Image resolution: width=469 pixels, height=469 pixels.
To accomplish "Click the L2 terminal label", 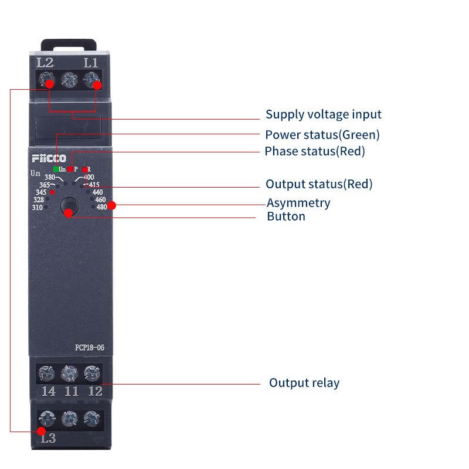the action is tap(45, 63).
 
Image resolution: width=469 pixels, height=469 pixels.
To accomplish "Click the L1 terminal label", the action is tap(91, 63).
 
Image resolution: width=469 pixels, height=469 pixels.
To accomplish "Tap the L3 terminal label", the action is tap(49, 438).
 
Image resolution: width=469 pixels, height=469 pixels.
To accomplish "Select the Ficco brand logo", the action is tap(49, 158).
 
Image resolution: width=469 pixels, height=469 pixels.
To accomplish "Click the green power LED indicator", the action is tap(56, 169).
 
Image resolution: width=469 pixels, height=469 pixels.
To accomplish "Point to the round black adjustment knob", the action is tap(70, 206).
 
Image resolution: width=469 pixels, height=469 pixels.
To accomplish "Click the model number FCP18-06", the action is tap(90, 348).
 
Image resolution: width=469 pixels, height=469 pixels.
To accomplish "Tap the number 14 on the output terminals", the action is tap(49, 391).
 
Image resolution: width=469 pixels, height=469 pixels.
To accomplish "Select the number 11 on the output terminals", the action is tap(72, 391).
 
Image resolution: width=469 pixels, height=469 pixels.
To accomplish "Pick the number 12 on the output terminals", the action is tap(95, 391).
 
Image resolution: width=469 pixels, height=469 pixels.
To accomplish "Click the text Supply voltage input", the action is tap(324, 114).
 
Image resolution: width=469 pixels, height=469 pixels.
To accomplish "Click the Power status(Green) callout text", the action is tap(322, 135).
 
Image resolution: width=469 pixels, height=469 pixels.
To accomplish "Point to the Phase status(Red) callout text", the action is tap(315, 151).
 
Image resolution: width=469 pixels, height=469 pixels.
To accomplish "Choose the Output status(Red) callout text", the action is tap(319, 184).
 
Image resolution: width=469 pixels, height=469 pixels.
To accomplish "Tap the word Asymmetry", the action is tap(298, 203).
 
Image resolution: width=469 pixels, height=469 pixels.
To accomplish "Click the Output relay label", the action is tap(304, 383).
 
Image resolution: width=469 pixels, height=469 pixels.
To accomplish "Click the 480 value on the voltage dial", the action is tap(101, 207).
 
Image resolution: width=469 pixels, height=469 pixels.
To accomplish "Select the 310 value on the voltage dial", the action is tap(38, 208).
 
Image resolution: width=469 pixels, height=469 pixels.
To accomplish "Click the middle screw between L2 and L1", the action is tap(69, 80).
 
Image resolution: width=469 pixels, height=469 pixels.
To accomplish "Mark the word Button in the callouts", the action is tap(286, 216).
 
